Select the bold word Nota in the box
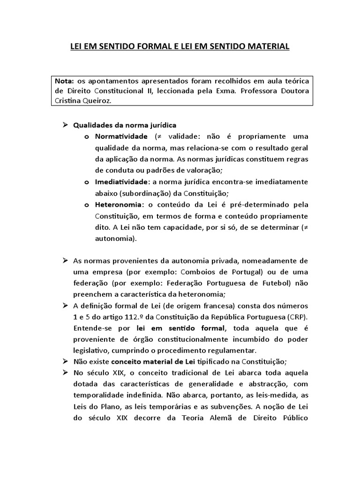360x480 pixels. click(65, 81)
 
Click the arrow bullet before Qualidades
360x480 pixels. click(65, 125)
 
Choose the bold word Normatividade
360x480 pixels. click(121, 136)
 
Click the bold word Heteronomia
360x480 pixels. click(120, 204)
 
